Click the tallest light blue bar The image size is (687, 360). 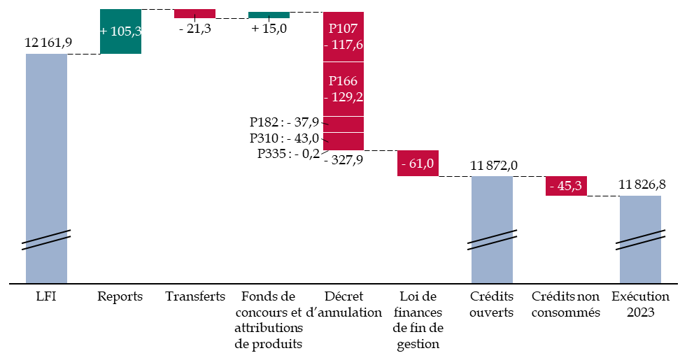46,140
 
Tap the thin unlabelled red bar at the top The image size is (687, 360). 194,13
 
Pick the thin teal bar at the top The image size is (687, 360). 269,15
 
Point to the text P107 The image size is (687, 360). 343,29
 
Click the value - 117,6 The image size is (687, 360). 343,45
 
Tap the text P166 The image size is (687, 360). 343,81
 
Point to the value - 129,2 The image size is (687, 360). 343,97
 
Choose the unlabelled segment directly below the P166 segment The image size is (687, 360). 343,124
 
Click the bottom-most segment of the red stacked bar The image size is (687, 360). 343,141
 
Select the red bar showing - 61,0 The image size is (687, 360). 418,164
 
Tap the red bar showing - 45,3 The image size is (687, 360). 566,186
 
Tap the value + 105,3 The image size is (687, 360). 120,31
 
